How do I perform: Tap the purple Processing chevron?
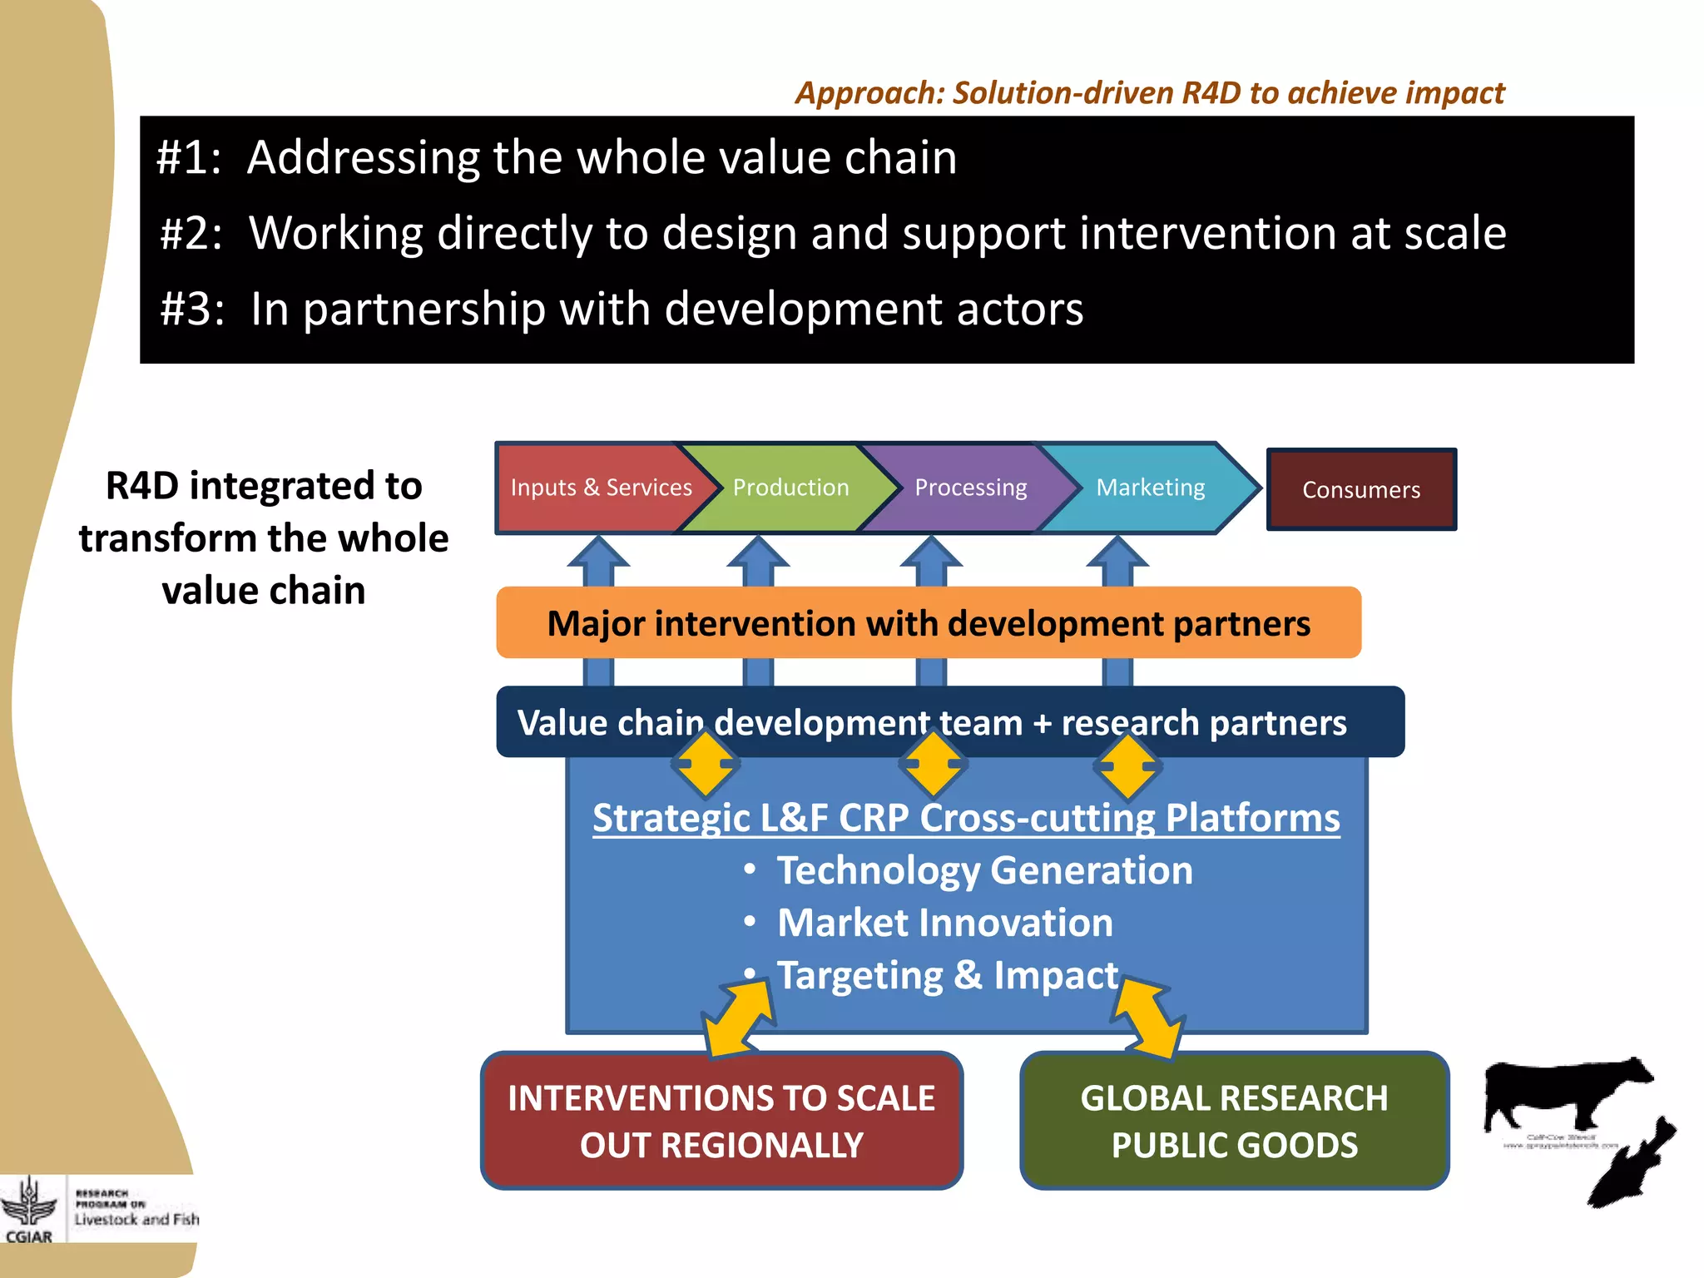(970, 488)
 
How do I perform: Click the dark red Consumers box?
(1361, 490)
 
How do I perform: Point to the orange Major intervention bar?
(928, 623)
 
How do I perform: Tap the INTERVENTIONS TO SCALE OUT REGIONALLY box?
(721, 1121)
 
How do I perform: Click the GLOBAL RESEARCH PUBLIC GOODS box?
(1234, 1121)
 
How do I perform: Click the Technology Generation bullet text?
(984, 871)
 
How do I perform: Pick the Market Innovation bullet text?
(944, 924)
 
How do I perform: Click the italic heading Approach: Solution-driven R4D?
(1149, 92)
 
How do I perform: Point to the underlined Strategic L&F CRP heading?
(966, 818)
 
